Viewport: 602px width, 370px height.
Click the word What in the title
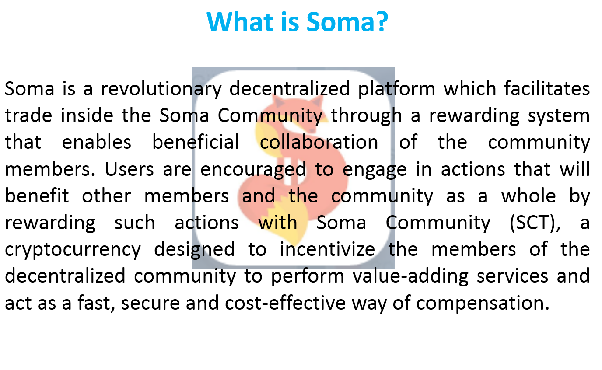coord(240,22)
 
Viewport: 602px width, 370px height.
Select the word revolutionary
coord(161,89)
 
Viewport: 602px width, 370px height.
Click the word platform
coord(396,89)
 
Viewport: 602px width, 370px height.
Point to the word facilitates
coord(547,88)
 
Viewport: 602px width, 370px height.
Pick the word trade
coord(28,115)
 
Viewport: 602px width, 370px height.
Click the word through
coord(366,116)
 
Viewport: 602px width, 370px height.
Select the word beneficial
coord(196,142)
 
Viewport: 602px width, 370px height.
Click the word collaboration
coord(319,142)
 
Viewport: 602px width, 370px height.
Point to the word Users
coord(129,169)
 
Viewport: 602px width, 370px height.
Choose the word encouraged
coord(253,170)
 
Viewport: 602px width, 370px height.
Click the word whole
coord(528,195)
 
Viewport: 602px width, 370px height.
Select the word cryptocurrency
coord(73,250)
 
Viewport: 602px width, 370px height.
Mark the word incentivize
coord(327,249)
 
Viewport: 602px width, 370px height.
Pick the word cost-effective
coord(285,303)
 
